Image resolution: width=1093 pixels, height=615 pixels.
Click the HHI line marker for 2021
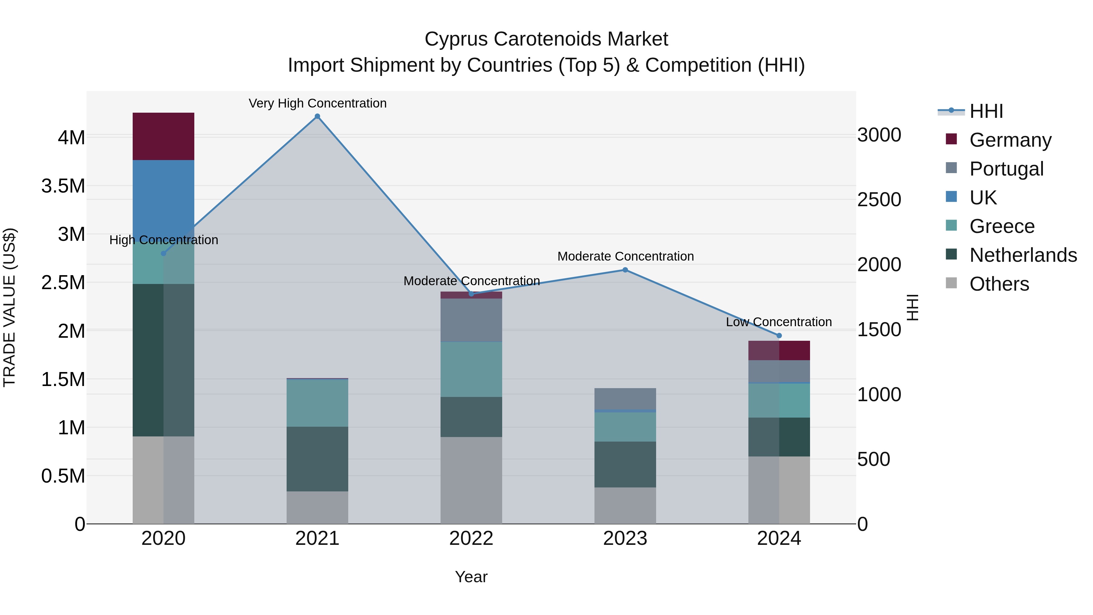coord(317,116)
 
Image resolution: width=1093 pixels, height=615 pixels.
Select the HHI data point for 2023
coord(625,270)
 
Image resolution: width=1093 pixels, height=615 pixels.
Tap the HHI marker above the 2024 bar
coord(779,336)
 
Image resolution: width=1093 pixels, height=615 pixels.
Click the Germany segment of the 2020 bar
coord(163,136)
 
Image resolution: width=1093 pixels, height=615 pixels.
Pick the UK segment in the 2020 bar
coord(163,195)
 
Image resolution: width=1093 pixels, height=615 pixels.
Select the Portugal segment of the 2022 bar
coord(471,320)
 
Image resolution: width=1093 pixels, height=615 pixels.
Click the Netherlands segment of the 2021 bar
coord(317,459)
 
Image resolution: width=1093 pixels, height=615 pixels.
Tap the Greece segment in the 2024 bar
coord(779,401)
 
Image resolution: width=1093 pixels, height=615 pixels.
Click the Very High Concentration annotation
coord(317,103)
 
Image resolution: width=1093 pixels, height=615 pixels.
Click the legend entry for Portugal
coord(1006,169)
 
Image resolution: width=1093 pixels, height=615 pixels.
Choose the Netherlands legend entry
coord(1023,255)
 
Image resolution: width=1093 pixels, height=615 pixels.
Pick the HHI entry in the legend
coord(986,111)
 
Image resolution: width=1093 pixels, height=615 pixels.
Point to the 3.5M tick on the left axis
coord(63,186)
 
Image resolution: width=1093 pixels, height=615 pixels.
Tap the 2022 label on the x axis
coord(471,538)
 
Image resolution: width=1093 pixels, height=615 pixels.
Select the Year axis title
coord(471,577)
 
